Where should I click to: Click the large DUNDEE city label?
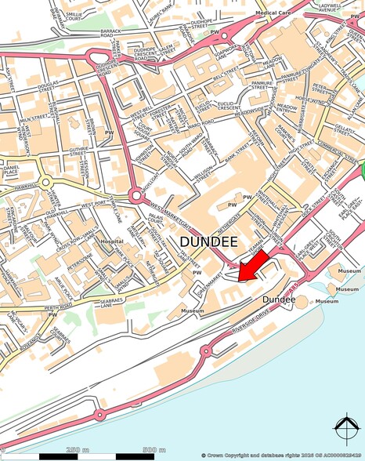coord(211,243)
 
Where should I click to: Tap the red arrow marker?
coord(252,267)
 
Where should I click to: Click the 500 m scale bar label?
coord(154,450)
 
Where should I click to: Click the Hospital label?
coord(111,241)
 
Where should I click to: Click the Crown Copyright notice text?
coord(281,455)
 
